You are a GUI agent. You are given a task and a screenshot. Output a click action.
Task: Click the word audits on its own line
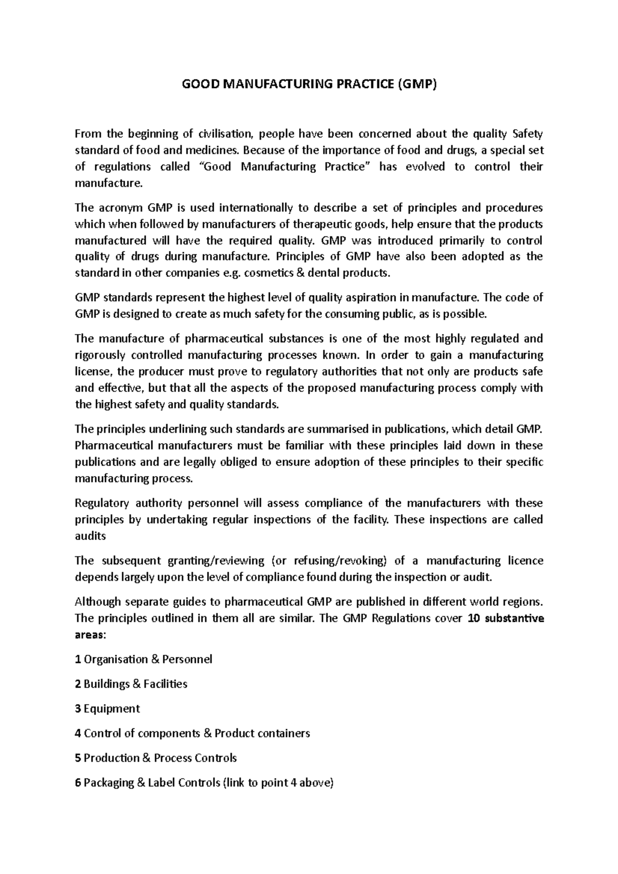point(90,536)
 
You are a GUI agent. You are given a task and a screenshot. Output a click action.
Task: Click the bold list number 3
point(78,709)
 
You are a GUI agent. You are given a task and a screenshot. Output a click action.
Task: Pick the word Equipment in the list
point(111,709)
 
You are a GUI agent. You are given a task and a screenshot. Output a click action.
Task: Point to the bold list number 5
point(78,758)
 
